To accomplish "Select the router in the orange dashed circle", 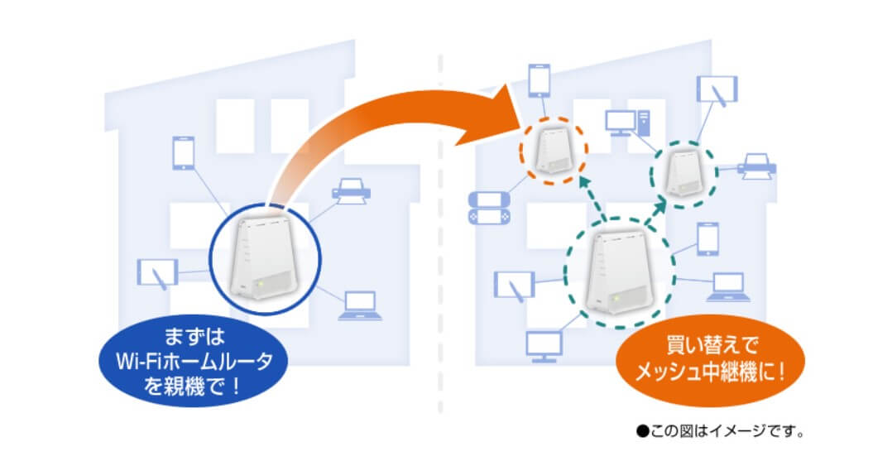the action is point(553,150).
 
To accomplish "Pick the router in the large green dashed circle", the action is point(620,273).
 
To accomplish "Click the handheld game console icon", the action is point(488,207).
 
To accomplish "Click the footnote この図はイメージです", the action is point(720,431).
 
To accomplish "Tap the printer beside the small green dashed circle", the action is point(756,166).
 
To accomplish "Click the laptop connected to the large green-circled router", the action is point(728,286).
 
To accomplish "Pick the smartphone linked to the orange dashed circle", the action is point(540,81).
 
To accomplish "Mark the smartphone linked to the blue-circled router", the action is point(183,153).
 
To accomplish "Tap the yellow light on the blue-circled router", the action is point(259,283).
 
